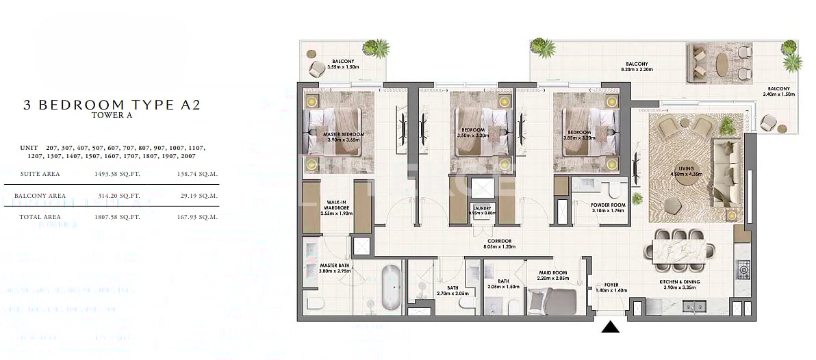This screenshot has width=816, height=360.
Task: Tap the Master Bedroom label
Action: (344, 134)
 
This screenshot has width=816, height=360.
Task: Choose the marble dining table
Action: (678, 243)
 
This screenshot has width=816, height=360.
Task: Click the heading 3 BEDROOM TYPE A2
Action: (112, 105)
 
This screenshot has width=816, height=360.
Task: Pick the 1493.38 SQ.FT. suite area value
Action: (117, 174)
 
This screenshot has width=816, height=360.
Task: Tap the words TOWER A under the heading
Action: (112, 116)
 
